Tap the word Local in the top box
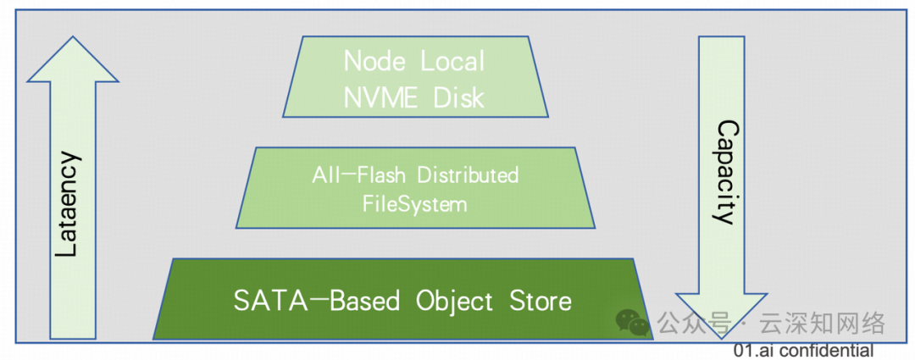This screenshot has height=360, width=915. click(x=452, y=61)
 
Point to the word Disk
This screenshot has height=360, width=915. click(x=458, y=97)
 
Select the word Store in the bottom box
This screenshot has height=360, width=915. click(x=540, y=301)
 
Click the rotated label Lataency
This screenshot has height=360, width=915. click(x=72, y=205)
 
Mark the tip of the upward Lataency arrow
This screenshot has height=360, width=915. click(x=72, y=39)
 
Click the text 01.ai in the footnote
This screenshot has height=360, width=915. click(x=751, y=350)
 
